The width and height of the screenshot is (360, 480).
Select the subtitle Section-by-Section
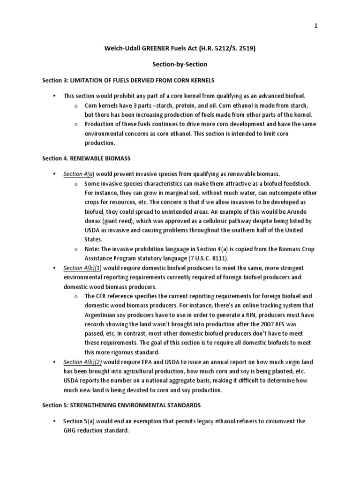click(x=180, y=64)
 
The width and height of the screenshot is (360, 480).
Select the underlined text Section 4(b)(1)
click(x=82, y=268)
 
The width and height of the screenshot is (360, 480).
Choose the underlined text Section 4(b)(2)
click(x=82, y=362)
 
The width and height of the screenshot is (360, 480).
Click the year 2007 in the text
click(x=259, y=324)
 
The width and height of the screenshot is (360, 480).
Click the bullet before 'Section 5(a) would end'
click(x=55, y=421)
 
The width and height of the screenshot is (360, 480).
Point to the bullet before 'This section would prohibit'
click(x=55, y=96)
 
